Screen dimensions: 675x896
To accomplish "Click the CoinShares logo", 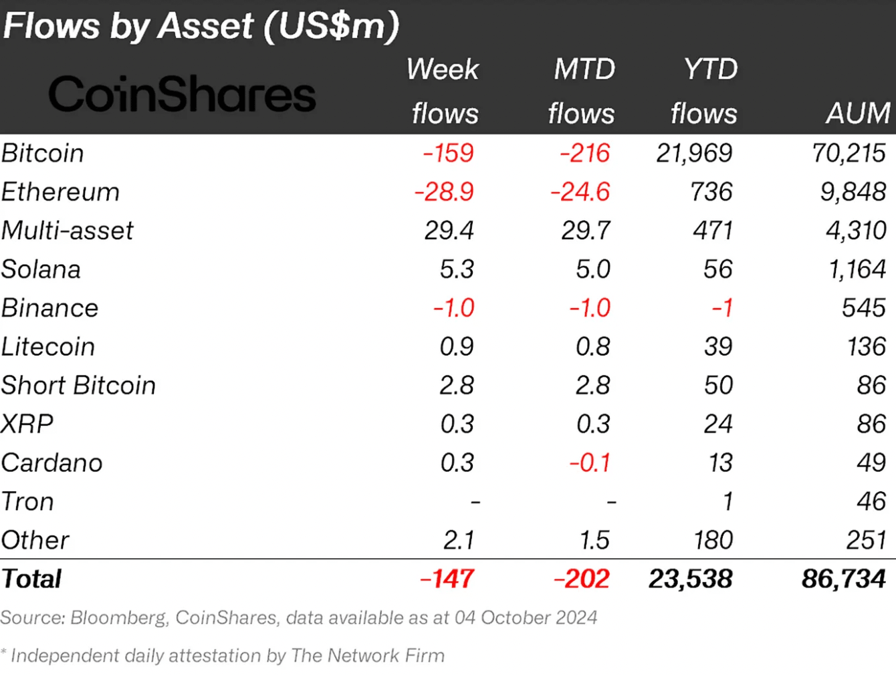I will (x=182, y=94).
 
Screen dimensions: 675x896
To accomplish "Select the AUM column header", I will (x=858, y=113).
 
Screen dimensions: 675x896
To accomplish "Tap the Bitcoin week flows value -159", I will (x=449, y=153).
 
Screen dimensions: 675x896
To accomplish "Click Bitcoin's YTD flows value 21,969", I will (x=694, y=153).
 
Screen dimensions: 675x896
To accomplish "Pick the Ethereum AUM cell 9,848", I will (x=853, y=192).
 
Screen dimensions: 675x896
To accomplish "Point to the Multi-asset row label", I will (x=68, y=231).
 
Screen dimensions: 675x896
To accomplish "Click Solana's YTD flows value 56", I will (x=717, y=269).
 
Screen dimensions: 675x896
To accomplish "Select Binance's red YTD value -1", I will (x=722, y=308).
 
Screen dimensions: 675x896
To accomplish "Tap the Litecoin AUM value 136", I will (x=867, y=347).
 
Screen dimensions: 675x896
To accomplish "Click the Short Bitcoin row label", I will (x=78, y=386).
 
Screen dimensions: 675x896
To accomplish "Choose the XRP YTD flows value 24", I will (x=718, y=424).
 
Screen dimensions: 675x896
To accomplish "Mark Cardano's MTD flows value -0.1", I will (x=590, y=462).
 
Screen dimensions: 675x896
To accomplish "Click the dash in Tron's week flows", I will (x=475, y=502).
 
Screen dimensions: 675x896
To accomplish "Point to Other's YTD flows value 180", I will (x=713, y=540).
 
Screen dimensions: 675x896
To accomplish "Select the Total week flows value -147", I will (x=447, y=579).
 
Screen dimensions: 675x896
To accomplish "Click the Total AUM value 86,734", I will (x=843, y=579).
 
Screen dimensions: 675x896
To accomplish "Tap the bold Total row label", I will (x=31, y=579).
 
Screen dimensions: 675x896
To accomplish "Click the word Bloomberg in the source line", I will (x=118, y=618).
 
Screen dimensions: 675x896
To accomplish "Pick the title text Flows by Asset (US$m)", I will (x=201, y=26).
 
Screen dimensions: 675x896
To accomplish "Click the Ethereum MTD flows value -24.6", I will (x=580, y=192).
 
